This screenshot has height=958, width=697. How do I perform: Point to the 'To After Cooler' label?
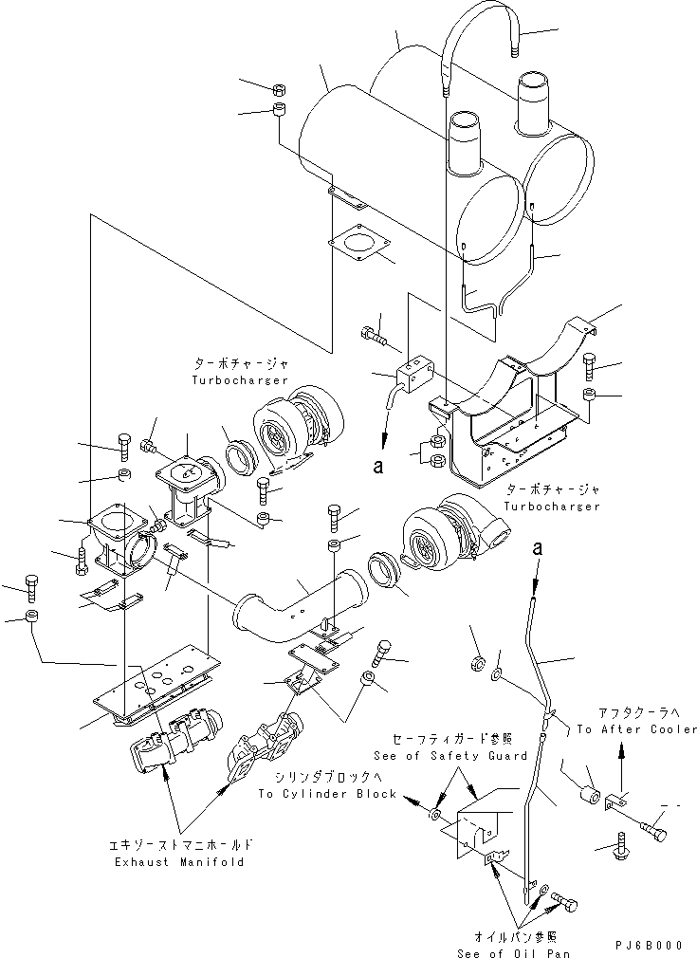[x=636, y=729]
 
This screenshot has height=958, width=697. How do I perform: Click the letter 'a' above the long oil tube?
[x=540, y=548]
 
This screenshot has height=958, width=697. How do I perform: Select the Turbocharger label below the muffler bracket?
[x=553, y=507]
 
